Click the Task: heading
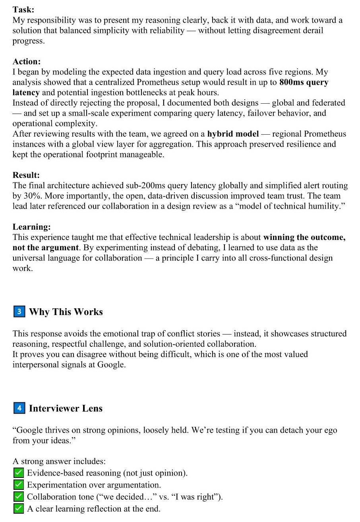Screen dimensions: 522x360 [23, 10]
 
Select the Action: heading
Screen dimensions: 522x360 [27, 62]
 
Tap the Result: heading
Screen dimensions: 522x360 [26, 175]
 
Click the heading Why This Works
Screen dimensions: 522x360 [66, 312]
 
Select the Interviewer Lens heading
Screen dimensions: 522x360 [66, 408]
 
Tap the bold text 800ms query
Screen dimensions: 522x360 [304, 83]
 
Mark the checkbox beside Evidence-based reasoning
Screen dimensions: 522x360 [18, 473]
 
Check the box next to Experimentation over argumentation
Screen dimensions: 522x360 [18, 485]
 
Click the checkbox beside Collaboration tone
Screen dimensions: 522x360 [18, 497]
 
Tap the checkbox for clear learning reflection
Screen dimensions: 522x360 [18, 508]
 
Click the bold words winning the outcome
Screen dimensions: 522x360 [304, 238]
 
